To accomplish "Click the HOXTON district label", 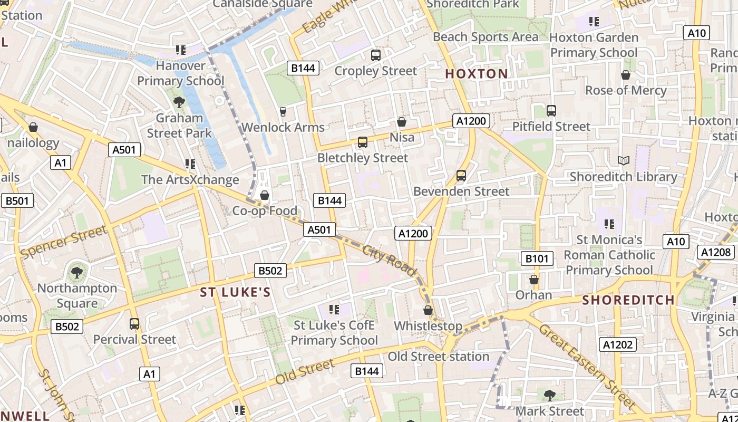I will coord(477,74).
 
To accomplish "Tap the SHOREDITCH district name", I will coord(628,300).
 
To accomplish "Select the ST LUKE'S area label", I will coord(235,292).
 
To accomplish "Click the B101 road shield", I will coord(537,258).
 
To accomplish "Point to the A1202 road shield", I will coord(618,344).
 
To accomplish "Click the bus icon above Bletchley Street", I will coord(363,142).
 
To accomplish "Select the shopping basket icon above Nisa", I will coord(402,122).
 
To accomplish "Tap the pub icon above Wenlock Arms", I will coord(283,111).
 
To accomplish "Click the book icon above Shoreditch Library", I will coord(623,160).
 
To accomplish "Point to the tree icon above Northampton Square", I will coord(77,272).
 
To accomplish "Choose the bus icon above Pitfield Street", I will coord(551,111).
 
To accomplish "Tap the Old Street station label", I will coord(439,357).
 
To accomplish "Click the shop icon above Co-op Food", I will coord(265,195).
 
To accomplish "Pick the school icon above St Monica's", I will coord(609,224).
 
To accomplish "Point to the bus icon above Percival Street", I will coord(134,323).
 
